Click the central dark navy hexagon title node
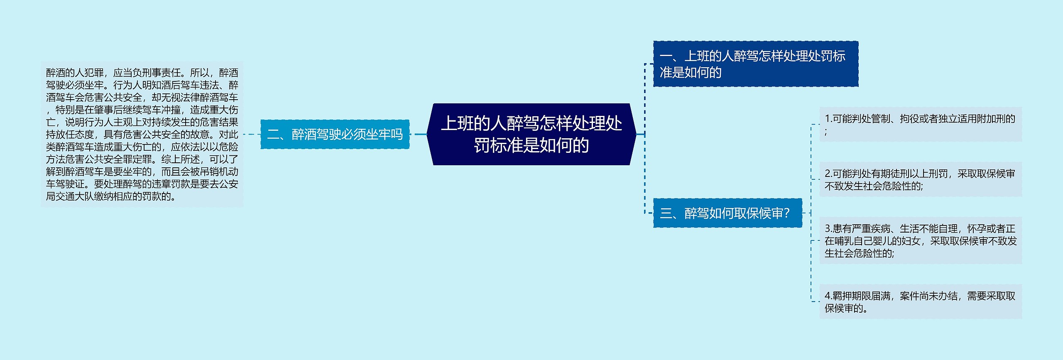(531, 134)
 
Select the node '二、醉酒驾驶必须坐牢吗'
(335, 134)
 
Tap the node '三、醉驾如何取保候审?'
(727, 213)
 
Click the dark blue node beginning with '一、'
(755, 64)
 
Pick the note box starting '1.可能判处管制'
(920, 125)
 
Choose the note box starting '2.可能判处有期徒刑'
(920, 179)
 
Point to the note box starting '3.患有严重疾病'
(920, 240)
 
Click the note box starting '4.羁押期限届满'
(920, 302)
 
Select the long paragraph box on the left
(142, 134)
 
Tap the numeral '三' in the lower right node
(666, 213)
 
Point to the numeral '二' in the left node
(273, 135)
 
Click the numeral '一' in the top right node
(666, 56)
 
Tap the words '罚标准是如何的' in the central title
(531, 145)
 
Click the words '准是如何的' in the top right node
(691, 73)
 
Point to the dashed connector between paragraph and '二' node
(252, 134)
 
